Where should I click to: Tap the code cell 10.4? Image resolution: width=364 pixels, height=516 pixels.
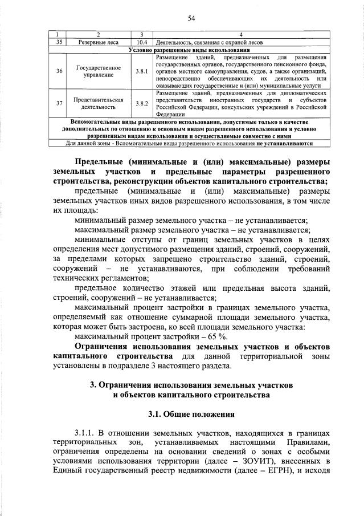(x=142, y=42)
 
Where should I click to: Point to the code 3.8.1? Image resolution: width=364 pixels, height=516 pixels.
(x=142, y=71)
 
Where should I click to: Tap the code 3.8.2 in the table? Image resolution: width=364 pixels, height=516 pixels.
(x=142, y=104)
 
